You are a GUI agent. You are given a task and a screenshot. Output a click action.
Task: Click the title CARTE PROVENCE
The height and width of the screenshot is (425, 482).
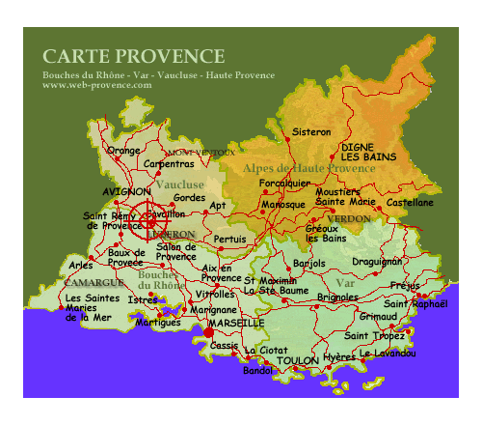tap(133, 56)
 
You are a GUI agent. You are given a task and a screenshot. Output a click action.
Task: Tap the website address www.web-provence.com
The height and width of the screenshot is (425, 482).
tap(97, 85)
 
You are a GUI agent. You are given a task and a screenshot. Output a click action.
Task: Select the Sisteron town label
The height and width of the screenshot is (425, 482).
tap(310, 130)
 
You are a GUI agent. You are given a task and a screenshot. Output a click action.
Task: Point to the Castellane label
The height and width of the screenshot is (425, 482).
tap(410, 203)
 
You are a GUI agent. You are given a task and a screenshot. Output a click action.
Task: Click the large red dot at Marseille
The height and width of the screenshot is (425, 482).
tap(208, 332)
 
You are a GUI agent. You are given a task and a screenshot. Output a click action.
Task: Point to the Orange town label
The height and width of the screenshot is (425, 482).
tap(124, 151)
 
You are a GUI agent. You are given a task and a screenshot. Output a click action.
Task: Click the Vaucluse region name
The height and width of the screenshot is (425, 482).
tap(180, 184)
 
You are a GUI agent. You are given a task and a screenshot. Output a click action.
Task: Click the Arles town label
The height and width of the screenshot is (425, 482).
tap(81, 265)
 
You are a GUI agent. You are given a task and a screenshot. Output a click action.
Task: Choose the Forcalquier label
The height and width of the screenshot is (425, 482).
tap(285, 183)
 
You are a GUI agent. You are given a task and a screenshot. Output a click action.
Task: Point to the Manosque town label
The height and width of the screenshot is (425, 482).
tap(282, 205)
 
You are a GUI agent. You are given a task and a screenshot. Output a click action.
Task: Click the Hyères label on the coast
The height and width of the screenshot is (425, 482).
tap(340, 356)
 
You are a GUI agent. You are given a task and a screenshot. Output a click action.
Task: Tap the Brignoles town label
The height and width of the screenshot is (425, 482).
tap(337, 297)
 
